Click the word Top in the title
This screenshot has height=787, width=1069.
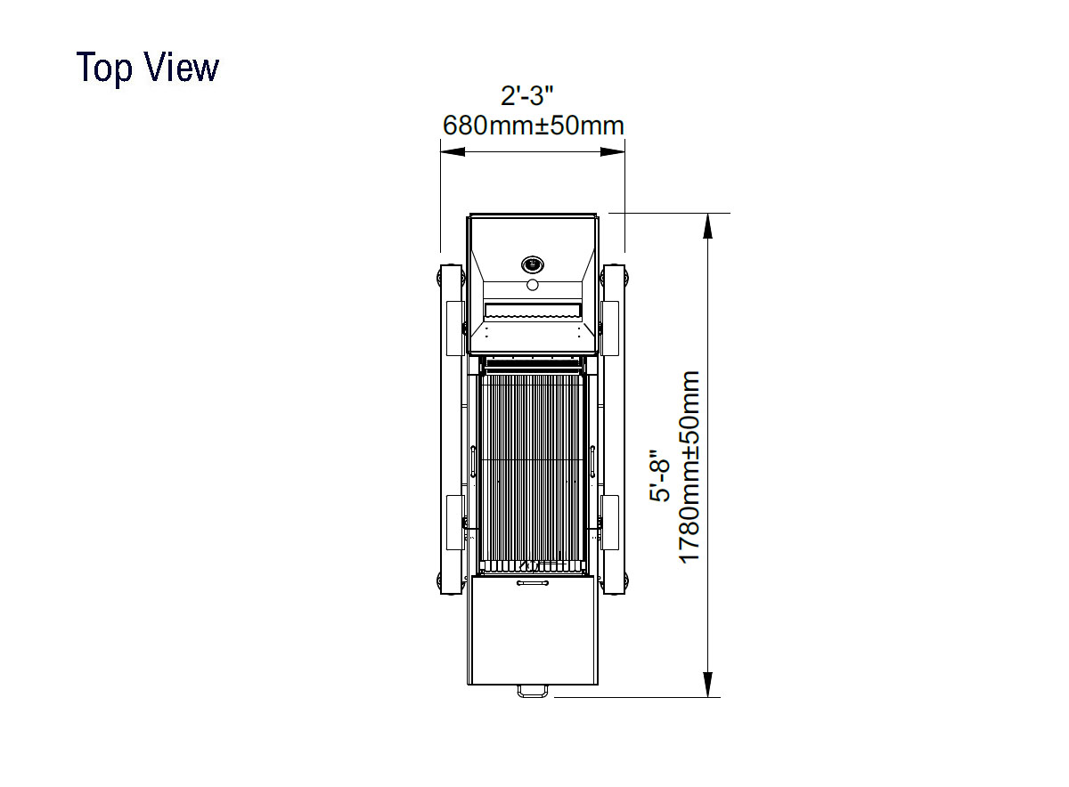coord(104,69)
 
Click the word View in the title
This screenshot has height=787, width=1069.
coord(182,67)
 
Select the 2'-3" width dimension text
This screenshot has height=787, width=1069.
coord(526,95)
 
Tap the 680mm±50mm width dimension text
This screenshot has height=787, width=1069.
coord(533,126)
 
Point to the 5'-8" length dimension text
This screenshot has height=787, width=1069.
coord(659,475)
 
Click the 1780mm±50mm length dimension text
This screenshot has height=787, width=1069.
coord(689,467)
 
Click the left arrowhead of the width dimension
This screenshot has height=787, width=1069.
coord(453,151)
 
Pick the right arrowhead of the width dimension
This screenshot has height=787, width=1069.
coord(612,151)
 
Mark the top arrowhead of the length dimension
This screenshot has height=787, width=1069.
coord(708,225)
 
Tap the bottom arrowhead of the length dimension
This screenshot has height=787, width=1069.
coord(708,685)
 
